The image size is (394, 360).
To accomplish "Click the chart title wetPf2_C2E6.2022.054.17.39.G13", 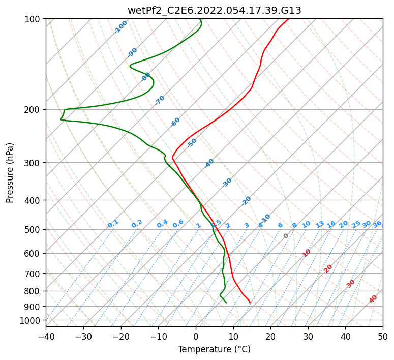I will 214,10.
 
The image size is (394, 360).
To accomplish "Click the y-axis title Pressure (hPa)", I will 10,173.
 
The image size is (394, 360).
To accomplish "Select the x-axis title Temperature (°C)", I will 214,350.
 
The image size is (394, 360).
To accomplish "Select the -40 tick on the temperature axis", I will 46,336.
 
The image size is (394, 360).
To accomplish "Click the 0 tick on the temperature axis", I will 196,336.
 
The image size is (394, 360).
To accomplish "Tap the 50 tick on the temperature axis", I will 383,336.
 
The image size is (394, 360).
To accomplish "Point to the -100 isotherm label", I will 121,27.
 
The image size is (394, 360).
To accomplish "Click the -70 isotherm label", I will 160,100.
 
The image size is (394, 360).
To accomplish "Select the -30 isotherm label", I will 227,183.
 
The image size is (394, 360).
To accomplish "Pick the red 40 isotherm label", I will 373,299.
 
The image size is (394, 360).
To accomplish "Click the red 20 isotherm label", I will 328,268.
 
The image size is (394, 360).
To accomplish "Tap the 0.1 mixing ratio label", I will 113,224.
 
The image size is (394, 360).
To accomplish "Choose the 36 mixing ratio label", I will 377,224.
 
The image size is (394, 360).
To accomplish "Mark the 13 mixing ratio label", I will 320,224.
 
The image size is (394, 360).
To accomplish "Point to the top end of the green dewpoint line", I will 200,19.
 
